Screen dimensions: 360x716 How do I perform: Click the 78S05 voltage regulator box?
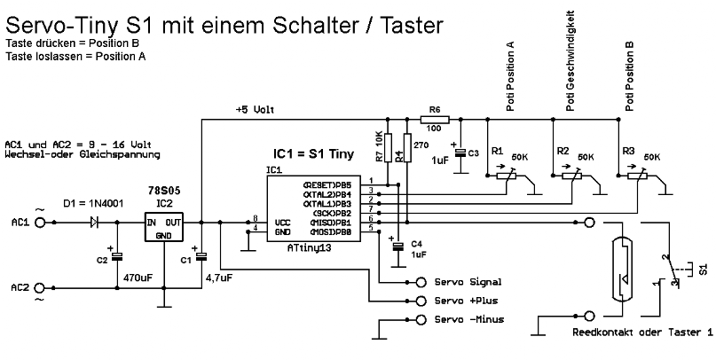click(x=165, y=228)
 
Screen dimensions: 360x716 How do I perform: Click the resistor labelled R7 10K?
click(x=388, y=147)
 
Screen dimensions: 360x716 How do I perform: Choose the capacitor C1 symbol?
click(x=202, y=258)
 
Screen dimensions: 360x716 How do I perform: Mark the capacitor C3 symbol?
click(x=460, y=153)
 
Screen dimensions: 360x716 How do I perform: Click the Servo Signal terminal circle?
click(x=420, y=282)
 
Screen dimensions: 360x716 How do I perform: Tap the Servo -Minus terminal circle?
click(x=420, y=319)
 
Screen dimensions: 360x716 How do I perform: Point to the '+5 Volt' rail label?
click(x=255, y=110)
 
